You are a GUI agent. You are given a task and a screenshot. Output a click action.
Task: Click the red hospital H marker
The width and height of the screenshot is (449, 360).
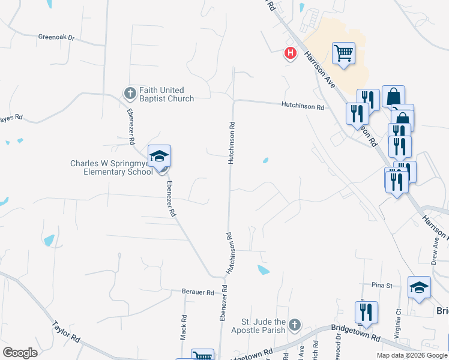(x=291, y=53)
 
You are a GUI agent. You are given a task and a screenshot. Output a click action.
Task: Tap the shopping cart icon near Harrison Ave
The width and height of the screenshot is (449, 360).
(x=343, y=53)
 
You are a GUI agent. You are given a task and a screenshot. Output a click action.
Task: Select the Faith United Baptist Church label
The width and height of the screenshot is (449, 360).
(x=167, y=94)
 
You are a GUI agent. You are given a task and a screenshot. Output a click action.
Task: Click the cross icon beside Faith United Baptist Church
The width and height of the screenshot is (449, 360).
(x=130, y=93)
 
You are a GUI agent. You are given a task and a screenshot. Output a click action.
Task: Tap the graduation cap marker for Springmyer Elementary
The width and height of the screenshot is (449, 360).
(x=160, y=157)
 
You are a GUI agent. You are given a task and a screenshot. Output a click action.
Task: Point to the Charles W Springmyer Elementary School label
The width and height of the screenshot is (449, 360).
(x=111, y=167)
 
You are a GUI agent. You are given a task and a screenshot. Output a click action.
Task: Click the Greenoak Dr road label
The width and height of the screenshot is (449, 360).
(x=55, y=37)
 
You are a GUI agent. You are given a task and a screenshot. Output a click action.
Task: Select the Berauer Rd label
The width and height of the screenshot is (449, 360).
(x=197, y=292)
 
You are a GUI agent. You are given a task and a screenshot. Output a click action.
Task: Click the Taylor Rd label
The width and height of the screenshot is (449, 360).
(x=66, y=331)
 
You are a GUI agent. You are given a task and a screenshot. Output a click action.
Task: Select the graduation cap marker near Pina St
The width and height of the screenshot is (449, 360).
(x=419, y=287)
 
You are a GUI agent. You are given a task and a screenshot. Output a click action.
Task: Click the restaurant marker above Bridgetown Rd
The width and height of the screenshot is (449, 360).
(x=366, y=312)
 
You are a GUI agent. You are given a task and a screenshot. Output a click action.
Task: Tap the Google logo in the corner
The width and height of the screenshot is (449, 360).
(x=20, y=352)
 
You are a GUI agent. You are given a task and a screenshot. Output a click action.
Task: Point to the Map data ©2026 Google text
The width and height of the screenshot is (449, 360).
(x=411, y=355)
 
